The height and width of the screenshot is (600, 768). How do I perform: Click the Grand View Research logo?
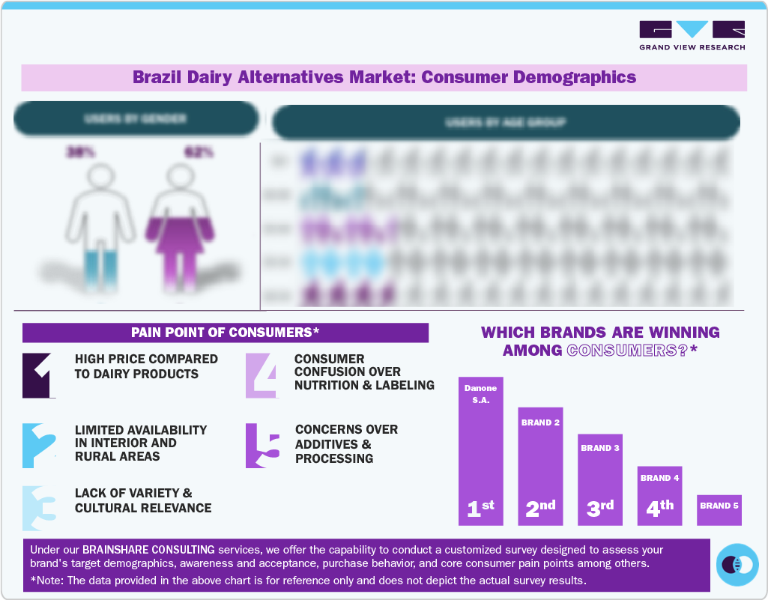click(x=692, y=35)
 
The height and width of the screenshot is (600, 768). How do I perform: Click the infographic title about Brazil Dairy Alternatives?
click(x=384, y=77)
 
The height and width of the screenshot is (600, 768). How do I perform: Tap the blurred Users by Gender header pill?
click(x=136, y=119)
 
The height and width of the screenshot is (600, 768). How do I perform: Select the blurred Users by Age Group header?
click(x=506, y=122)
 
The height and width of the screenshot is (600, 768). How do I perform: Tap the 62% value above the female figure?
click(x=199, y=152)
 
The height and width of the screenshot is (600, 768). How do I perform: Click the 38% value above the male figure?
click(x=80, y=152)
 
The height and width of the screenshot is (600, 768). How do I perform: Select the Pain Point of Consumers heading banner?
click(x=226, y=333)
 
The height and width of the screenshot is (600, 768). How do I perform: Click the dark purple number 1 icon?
click(x=39, y=375)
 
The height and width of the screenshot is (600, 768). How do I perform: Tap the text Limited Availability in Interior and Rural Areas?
click(x=141, y=443)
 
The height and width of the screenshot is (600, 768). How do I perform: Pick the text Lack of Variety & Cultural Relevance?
click(x=143, y=500)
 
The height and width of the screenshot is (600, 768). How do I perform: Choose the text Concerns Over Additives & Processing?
click(x=346, y=443)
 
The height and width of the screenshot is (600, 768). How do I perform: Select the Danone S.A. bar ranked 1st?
click(x=480, y=450)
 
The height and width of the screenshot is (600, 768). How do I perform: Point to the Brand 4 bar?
click(x=659, y=495)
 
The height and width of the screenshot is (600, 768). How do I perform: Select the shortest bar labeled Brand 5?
click(x=719, y=509)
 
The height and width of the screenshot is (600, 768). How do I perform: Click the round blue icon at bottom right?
click(x=737, y=564)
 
